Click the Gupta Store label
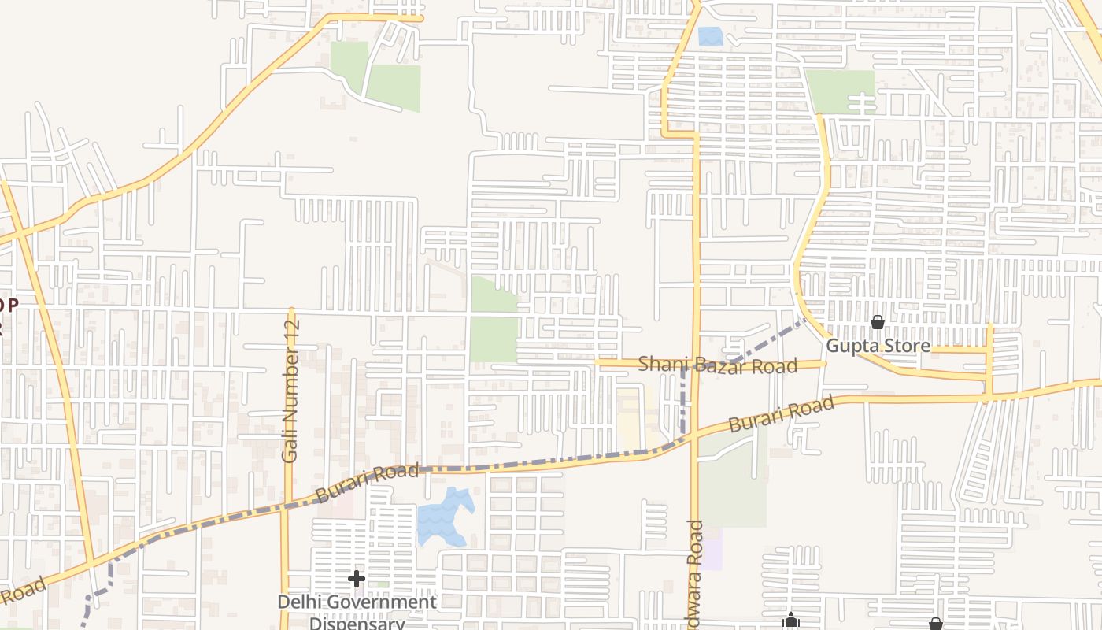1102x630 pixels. click(878, 346)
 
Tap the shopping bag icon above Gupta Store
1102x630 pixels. click(878, 323)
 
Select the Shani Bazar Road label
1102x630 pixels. click(718, 365)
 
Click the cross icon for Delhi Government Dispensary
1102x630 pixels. click(357, 580)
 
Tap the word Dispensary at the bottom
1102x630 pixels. click(357, 623)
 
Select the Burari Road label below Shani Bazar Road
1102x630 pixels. click(780, 414)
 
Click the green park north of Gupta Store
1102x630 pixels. click(840, 90)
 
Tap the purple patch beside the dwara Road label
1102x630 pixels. click(712, 549)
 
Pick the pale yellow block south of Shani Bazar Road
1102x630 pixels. click(628, 413)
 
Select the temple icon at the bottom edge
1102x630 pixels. click(791, 622)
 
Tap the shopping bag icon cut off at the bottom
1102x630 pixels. click(935, 624)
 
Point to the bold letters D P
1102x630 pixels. click(8, 306)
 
